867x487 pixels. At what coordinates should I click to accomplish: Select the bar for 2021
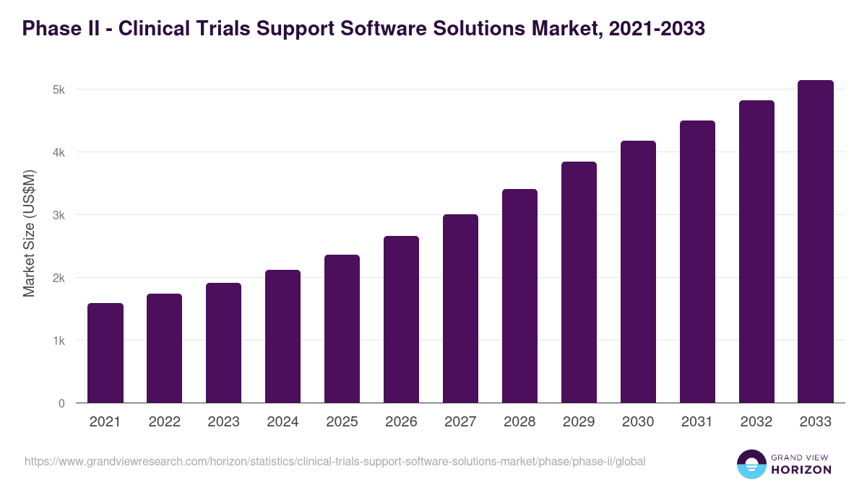coord(105,353)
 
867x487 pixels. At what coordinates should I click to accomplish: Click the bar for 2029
coord(579,282)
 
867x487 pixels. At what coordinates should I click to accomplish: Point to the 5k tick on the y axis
coord(59,90)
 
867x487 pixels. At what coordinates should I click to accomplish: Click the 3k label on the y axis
coord(59,215)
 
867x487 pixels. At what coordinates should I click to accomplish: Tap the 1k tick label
coord(59,341)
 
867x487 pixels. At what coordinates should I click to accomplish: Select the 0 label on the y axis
coord(61,403)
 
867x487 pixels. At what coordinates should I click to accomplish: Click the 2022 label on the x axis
coord(165,422)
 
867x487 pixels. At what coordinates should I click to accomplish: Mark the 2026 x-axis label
coord(401,422)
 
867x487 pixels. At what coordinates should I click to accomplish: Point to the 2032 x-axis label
coord(756,422)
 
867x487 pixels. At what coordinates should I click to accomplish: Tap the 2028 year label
coord(519,422)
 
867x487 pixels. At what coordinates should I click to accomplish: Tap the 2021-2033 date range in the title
coord(657,29)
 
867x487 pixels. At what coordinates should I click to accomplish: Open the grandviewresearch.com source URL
coord(335,461)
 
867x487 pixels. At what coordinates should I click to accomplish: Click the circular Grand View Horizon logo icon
coord(751,465)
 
